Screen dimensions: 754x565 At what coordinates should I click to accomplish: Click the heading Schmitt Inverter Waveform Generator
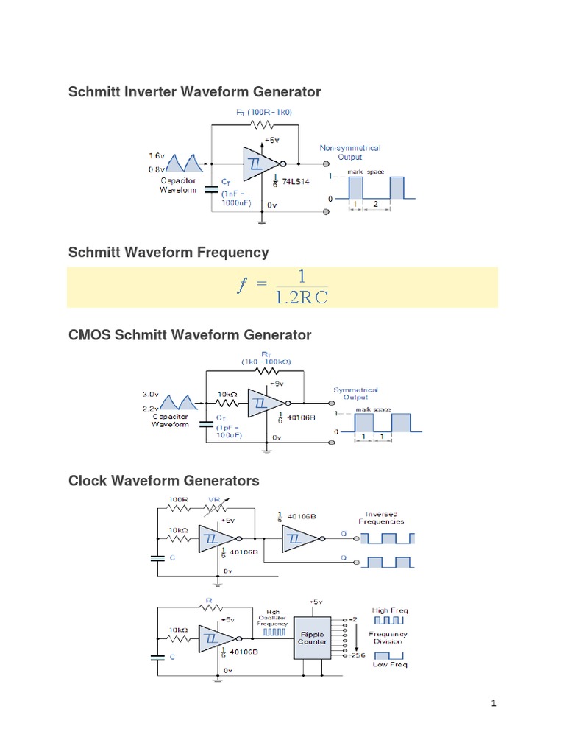click(194, 92)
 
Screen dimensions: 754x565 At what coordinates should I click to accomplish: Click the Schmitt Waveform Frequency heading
click(168, 253)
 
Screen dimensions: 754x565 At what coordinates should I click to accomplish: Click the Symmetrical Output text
click(356, 393)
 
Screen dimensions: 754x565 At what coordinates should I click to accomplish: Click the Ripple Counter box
click(313, 638)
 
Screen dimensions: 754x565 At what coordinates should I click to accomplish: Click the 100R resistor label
click(180, 500)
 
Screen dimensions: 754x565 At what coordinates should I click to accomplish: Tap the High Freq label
click(389, 610)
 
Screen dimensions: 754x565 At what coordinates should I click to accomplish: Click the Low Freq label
click(389, 664)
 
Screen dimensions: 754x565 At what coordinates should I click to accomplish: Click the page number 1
click(494, 704)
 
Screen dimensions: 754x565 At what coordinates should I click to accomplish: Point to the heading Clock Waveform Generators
click(163, 481)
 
